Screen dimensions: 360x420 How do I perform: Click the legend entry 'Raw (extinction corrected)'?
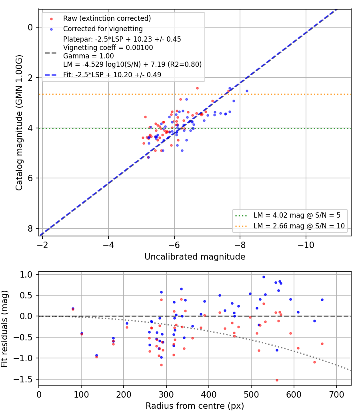107,18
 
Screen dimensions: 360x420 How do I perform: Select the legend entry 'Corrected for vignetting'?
103,29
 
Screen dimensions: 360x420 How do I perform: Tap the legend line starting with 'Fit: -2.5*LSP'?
112,75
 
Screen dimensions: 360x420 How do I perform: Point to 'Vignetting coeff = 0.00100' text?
108,48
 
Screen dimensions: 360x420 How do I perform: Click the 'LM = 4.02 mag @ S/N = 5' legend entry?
297,215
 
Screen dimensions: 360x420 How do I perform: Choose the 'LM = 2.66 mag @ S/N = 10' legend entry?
299,226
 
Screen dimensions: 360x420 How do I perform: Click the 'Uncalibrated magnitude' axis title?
195,257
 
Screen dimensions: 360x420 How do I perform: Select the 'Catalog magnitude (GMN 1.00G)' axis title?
19,123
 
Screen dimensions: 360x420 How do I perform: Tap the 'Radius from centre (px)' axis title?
195,406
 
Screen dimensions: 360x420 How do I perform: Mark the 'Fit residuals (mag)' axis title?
4,329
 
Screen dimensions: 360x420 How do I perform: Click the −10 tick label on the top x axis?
306,245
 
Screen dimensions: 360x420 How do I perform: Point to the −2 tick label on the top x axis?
42,245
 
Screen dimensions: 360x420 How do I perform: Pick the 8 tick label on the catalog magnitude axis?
30,228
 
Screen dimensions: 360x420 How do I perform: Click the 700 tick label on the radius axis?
336,394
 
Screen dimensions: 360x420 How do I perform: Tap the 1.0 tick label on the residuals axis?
26,274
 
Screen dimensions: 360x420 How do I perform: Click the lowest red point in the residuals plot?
277,380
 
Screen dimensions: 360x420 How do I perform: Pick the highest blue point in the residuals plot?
264,277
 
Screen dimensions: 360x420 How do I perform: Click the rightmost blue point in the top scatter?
247,91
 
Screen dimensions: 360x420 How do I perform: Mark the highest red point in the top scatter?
198,88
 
